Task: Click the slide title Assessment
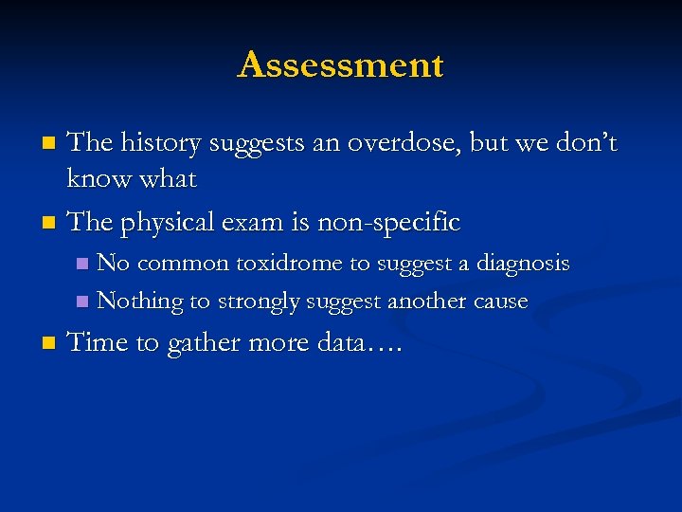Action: pyautogui.click(x=341, y=65)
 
